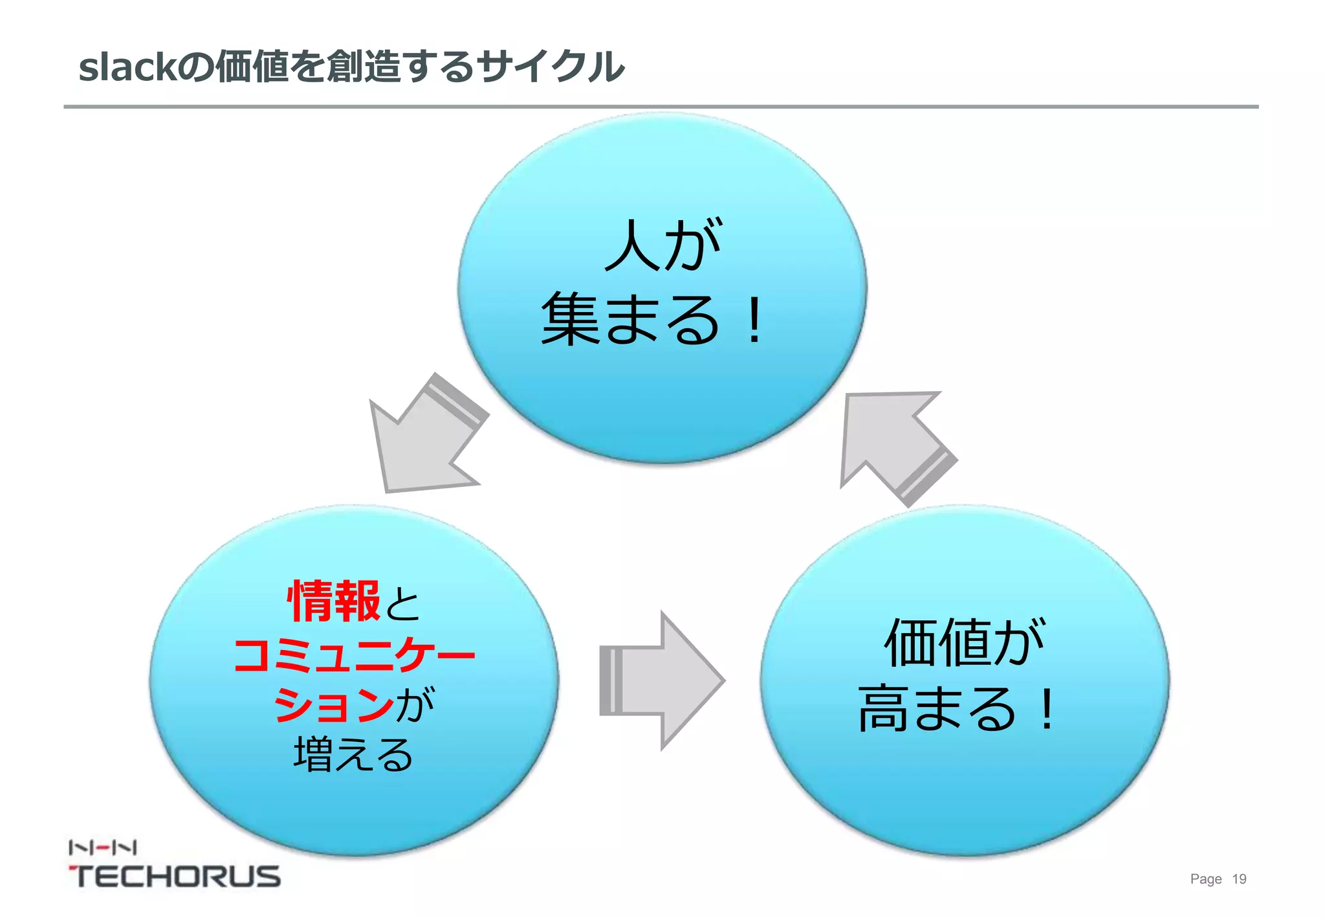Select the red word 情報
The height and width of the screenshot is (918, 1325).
tap(333, 601)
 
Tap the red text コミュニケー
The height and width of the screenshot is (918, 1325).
tap(354, 655)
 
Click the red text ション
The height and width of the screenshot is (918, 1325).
tap(333, 704)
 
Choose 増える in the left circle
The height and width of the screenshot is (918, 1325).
tap(353, 755)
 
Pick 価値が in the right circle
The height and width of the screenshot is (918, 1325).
tap(964, 642)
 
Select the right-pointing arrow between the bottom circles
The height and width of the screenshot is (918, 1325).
tap(660, 680)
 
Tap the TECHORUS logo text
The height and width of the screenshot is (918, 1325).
tap(175, 877)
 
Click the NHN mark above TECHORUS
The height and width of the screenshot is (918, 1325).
tap(102, 847)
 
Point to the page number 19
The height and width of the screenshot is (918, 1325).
tap(1238, 879)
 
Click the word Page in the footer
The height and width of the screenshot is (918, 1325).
tap(1205, 879)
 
